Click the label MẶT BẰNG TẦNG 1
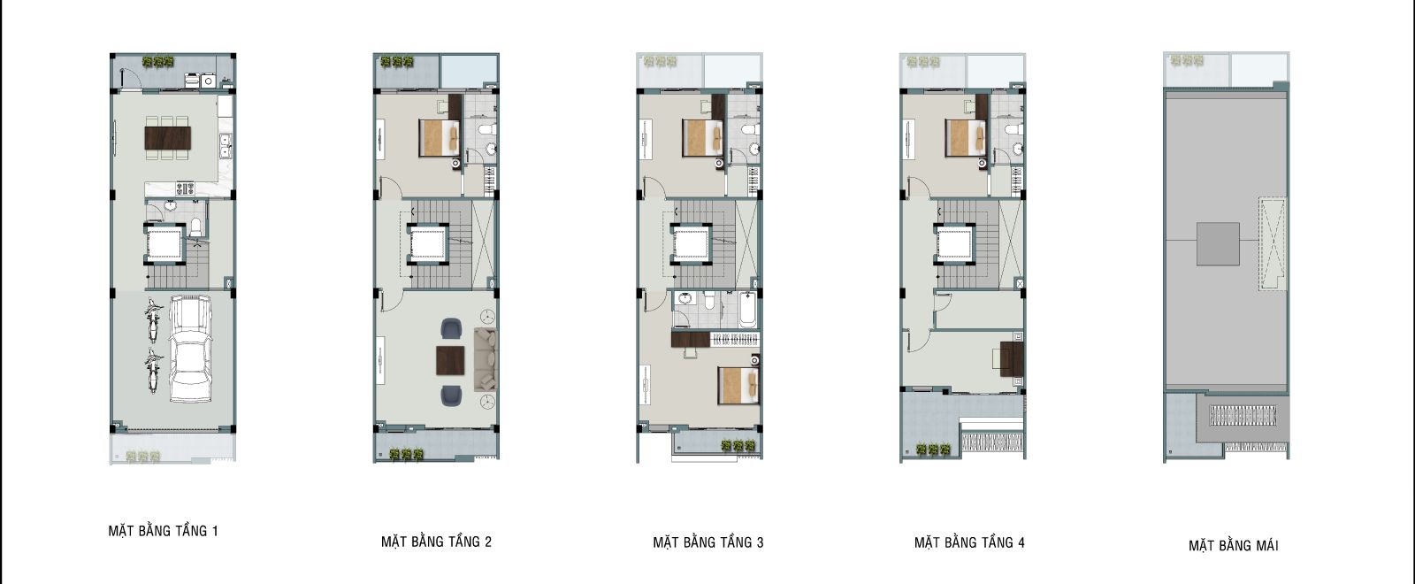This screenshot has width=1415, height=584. (x=163, y=531)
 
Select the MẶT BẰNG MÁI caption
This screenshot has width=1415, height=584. (x=1233, y=545)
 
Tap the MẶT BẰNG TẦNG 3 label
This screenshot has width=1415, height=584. (x=708, y=542)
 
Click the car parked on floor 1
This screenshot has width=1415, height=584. (x=190, y=350)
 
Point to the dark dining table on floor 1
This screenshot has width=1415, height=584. (x=167, y=138)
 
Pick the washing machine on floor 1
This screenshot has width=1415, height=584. (x=208, y=81)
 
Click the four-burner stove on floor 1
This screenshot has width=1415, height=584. (x=185, y=188)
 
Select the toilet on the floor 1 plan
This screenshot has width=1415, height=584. (x=195, y=227)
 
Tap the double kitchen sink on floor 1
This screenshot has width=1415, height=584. (x=225, y=145)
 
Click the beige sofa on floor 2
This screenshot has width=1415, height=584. (x=486, y=358)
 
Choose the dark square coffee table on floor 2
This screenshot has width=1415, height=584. (x=450, y=360)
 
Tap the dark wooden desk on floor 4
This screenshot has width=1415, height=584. (x=1012, y=358)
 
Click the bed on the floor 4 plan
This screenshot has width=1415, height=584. (x=965, y=138)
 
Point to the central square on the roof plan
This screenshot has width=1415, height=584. (x=1218, y=243)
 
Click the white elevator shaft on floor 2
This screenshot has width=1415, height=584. (x=428, y=243)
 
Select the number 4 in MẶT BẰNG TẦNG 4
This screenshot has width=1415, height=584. (x=1021, y=542)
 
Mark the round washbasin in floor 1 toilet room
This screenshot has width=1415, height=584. (x=171, y=205)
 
